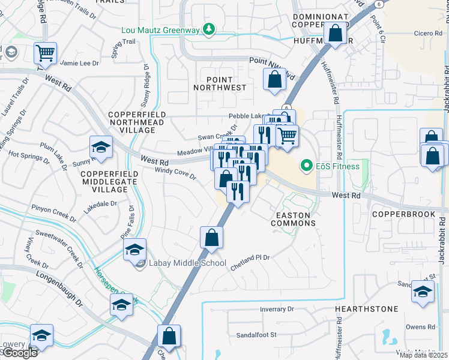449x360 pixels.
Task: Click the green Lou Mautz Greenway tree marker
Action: pos(208,28)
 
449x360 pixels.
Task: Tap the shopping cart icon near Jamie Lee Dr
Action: pos(45,53)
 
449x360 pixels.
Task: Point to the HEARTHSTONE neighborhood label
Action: pos(366,309)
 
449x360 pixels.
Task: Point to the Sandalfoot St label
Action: pos(255,335)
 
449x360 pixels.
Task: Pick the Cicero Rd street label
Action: pos(427,34)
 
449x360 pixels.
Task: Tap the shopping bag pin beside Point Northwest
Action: pos(274,79)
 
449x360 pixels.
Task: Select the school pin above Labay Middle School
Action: pos(135,249)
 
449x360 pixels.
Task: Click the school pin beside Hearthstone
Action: pos(423,291)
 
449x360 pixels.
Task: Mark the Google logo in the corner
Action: pos(19,353)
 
